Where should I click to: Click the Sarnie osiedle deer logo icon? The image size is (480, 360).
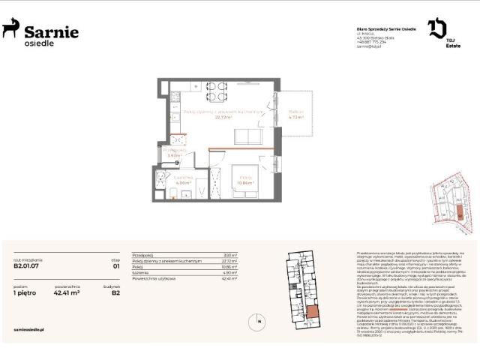(10, 30)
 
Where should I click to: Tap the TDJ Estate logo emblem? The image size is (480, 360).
(437, 28)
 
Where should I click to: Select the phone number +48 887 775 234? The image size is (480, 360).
(373, 42)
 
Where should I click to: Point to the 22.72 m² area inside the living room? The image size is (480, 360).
(223, 117)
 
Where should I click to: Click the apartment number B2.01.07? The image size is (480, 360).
(27, 265)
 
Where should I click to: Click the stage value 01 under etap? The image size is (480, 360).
(115, 265)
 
